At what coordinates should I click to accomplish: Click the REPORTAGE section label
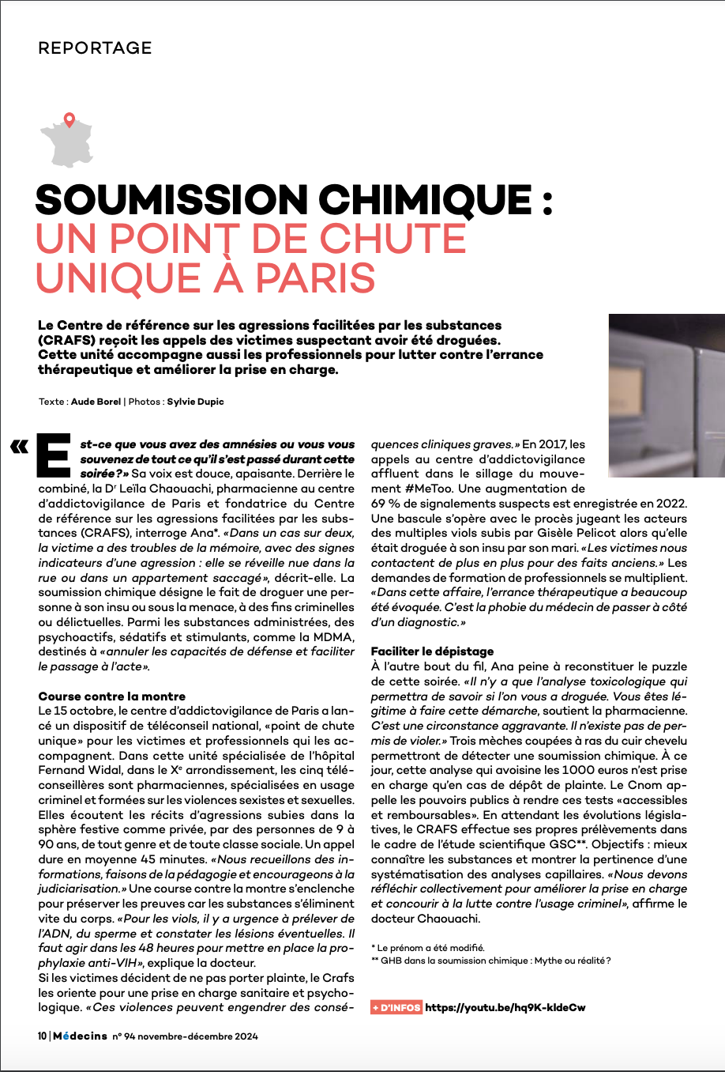(x=95, y=48)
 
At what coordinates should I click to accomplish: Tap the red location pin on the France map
(x=69, y=120)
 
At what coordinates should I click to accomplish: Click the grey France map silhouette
(x=66, y=142)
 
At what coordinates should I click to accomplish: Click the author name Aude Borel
(x=96, y=402)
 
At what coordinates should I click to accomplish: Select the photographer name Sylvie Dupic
(x=195, y=402)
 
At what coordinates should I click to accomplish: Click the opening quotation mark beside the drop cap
(x=18, y=447)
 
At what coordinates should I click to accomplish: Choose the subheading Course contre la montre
(x=112, y=696)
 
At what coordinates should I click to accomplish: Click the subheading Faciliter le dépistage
(x=432, y=651)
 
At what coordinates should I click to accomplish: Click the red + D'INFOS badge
(x=396, y=1008)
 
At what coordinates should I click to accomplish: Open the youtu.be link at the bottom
(x=505, y=1008)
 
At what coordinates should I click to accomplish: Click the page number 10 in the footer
(x=42, y=1036)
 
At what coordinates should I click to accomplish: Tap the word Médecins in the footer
(x=80, y=1036)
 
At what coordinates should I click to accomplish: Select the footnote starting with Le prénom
(x=430, y=947)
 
